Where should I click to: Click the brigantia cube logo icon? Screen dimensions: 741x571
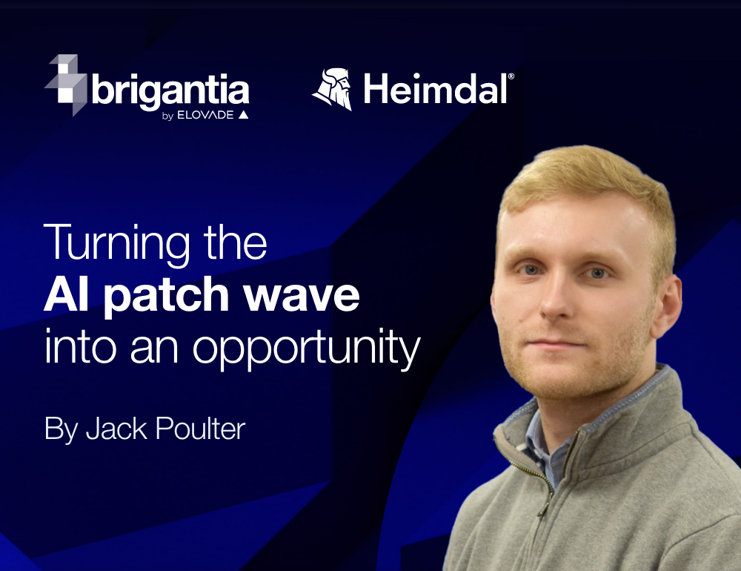click(x=66, y=85)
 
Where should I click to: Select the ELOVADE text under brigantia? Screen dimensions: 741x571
click(x=205, y=115)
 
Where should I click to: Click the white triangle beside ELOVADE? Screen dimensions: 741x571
click(x=243, y=114)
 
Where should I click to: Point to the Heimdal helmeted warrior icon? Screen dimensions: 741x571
click(x=333, y=89)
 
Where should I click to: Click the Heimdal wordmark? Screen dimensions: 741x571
click(x=435, y=89)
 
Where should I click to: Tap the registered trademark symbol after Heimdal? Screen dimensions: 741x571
click(x=511, y=76)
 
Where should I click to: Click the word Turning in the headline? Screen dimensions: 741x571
click(x=117, y=244)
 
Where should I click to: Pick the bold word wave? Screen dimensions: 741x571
click(x=302, y=295)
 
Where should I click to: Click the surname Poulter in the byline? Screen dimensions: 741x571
click(x=200, y=429)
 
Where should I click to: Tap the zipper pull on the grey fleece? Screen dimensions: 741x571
click(x=543, y=508)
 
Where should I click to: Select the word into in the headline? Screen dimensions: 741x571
click(x=80, y=347)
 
